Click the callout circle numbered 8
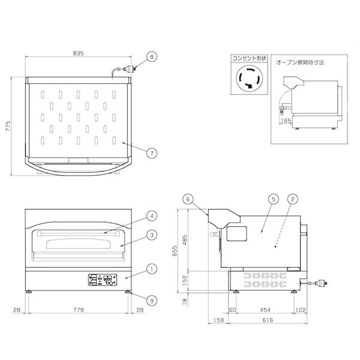click(x=152, y=57)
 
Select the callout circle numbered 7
click(x=152, y=153)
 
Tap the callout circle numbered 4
click(x=152, y=216)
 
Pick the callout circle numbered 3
click(x=152, y=235)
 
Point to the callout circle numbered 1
click(x=152, y=269)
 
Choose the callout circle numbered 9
click(x=152, y=301)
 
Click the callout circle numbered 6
click(x=188, y=199)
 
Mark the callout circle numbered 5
click(x=273, y=199)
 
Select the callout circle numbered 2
click(x=292, y=199)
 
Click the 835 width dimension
click(x=79, y=53)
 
